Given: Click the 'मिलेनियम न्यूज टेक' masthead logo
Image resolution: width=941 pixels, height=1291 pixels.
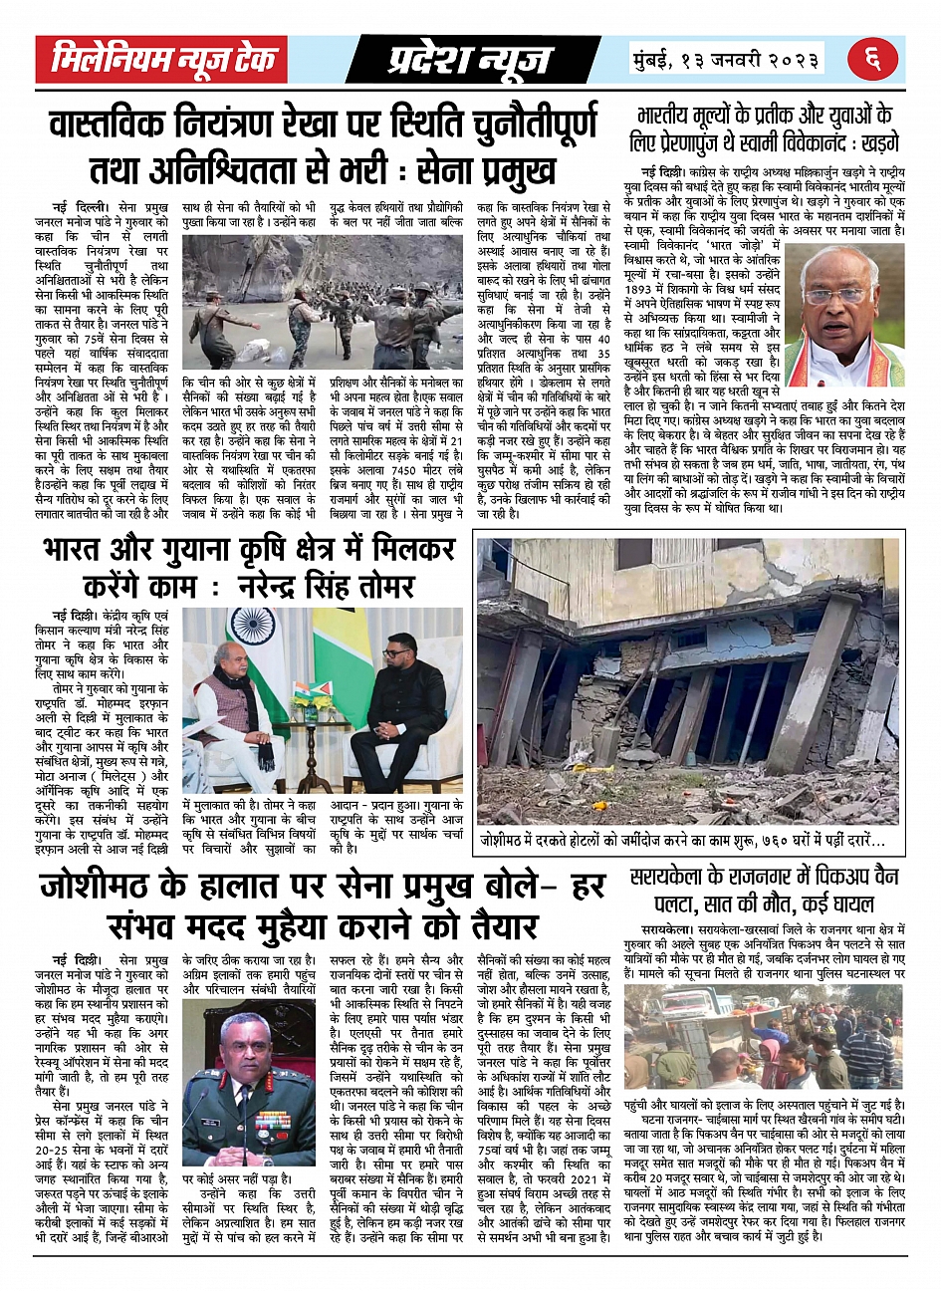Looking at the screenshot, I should (162, 60).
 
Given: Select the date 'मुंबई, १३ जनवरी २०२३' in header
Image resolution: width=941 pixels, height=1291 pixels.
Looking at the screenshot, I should (727, 59).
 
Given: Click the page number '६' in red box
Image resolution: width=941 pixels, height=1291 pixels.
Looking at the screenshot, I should (873, 60).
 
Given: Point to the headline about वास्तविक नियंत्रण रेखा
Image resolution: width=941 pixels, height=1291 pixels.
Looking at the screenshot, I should (325, 145).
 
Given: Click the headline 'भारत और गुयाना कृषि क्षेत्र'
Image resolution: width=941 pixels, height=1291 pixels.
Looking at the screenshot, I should (249, 566).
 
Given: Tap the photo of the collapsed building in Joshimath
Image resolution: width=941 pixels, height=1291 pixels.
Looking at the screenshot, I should (688, 681).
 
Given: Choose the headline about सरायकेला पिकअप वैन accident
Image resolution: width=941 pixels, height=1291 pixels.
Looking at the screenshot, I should (765, 891).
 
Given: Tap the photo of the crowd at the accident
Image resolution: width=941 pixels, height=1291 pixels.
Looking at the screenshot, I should (764, 1036).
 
